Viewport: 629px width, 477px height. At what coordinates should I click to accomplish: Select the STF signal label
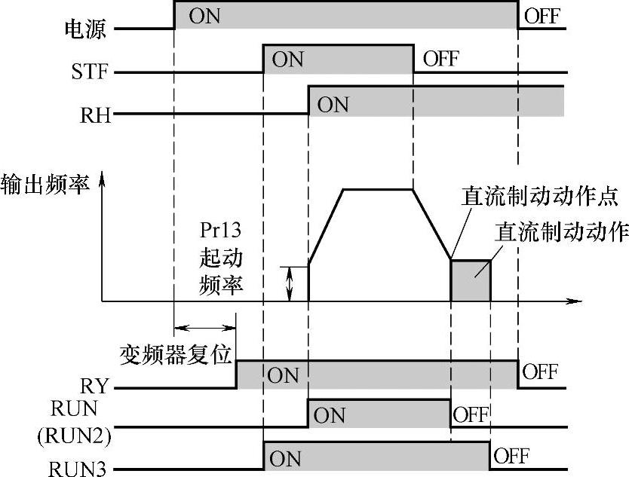(90, 73)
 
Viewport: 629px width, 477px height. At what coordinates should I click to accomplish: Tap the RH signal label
(96, 115)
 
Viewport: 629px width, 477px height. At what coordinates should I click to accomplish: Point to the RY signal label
(95, 387)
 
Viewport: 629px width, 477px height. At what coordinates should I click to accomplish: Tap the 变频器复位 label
(175, 354)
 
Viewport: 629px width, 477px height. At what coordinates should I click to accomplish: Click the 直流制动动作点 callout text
(540, 198)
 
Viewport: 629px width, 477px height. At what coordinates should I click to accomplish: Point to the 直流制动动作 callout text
(561, 232)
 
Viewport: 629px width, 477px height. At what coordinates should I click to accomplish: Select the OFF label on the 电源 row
(542, 16)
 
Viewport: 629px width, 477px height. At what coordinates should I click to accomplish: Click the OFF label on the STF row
(441, 58)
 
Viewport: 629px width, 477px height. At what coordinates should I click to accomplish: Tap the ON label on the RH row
(333, 104)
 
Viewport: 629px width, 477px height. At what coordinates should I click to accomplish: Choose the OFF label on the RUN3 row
(511, 455)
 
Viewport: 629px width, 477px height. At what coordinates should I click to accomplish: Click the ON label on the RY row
(284, 375)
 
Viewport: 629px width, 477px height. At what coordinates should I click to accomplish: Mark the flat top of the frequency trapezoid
(378, 189)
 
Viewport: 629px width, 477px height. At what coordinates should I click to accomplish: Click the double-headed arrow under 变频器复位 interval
(205, 327)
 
